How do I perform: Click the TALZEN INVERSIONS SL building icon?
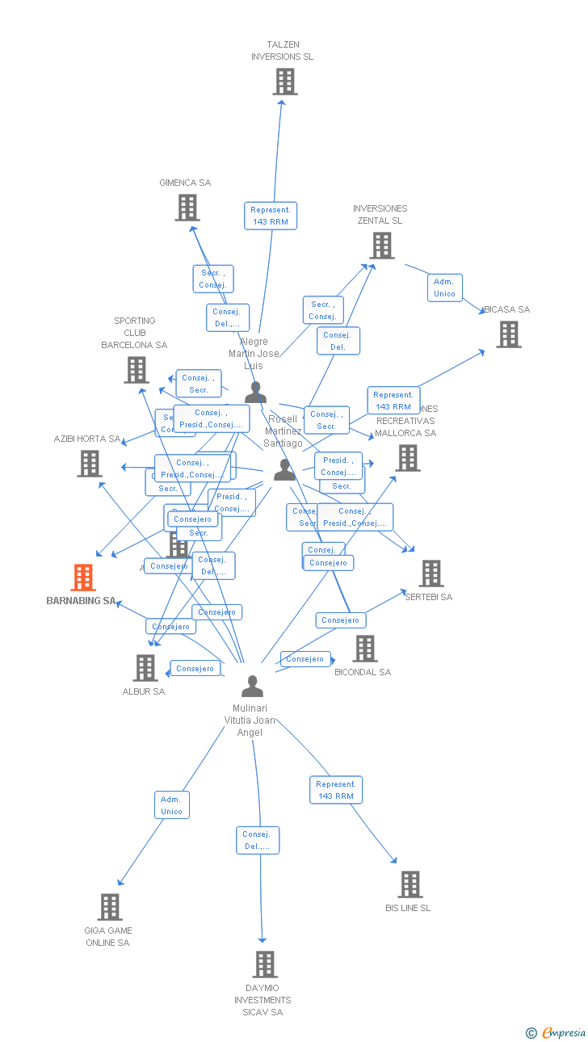click(x=284, y=82)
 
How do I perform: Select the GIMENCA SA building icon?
click(x=187, y=208)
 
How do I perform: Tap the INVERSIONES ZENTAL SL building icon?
click(x=381, y=246)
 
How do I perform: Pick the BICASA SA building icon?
click(x=508, y=334)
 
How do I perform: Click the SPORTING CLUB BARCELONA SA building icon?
click(x=136, y=370)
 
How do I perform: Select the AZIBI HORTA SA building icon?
click(x=90, y=464)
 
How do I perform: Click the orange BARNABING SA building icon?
click(x=83, y=578)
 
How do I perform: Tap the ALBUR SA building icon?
click(x=145, y=668)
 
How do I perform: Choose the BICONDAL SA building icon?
click(x=365, y=648)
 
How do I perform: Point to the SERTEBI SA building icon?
click(x=431, y=574)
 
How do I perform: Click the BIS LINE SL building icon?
click(x=410, y=884)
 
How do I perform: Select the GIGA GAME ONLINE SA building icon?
click(x=110, y=907)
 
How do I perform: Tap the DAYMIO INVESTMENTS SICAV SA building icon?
click(x=265, y=964)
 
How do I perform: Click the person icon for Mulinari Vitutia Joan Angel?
click(x=253, y=687)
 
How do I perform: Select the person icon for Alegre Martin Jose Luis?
click(x=256, y=393)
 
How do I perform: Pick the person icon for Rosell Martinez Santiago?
click(x=284, y=469)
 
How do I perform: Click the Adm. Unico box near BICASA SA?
click(x=444, y=288)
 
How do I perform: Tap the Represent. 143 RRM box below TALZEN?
click(x=271, y=216)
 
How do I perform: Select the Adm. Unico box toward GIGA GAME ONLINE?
click(x=171, y=805)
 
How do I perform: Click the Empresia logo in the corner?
click(x=556, y=1032)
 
